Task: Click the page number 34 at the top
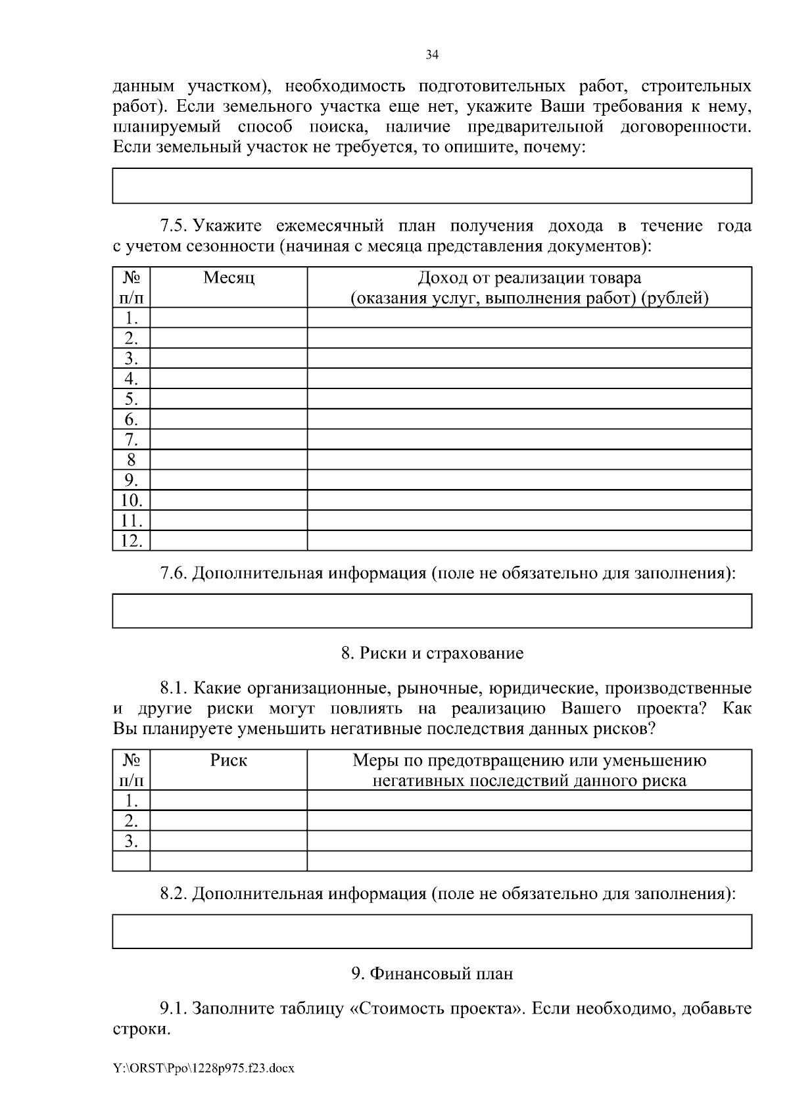click(x=432, y=55)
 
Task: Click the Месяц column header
click(x=229, y=278)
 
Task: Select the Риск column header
click(x=229, y=760)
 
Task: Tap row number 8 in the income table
click(x=131, y=459)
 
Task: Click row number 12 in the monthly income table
click(x=131, y=541)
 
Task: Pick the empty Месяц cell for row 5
click(x=229, y=399)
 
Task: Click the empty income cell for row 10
click(x=529, y=500)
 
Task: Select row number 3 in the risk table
click(x=131, y=841)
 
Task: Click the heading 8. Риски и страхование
click(x=432, y=653)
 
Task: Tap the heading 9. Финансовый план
click(x=432, y=973)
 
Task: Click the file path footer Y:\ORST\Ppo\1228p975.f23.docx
click(x=204, y=1069)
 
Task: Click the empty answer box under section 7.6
click(x=432, y=611)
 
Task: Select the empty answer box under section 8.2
click(x=432, y=931)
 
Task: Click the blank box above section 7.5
click(x=432, y=185)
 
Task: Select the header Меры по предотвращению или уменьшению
click(x=529, y=761)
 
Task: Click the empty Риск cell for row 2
click(x=229, y=820)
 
